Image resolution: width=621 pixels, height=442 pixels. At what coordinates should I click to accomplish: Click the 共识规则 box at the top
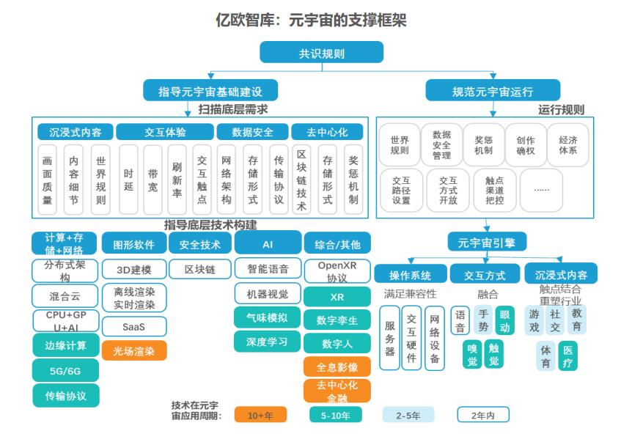point(322,52)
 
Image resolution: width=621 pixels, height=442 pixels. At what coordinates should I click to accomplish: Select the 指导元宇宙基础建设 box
point(210,91)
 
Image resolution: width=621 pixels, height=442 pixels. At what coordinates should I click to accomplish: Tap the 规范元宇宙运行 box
point(493,91)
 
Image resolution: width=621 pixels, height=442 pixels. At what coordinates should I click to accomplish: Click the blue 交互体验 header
point(165,132)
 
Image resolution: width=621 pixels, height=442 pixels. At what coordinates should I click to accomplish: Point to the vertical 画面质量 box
point(47,180)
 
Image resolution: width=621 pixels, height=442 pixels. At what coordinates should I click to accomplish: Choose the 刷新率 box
point(177,180)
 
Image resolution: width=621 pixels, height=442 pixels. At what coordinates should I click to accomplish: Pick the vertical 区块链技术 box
point(301,180)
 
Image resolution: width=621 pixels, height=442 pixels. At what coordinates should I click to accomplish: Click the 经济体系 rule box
point(567,145)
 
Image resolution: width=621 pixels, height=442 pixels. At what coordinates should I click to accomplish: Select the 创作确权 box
point(526,145)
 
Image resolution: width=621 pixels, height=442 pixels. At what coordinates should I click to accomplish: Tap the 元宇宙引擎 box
point(487,242)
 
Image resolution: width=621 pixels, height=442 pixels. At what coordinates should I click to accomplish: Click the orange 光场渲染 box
point(134,350)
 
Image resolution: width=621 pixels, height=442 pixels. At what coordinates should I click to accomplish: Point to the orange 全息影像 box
point(337,367)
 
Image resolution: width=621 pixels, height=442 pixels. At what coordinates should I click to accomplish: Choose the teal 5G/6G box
point(65,370)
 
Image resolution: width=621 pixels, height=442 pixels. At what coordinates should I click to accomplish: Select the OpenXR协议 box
point(337,271)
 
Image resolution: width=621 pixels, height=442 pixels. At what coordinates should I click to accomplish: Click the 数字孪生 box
point(337,320)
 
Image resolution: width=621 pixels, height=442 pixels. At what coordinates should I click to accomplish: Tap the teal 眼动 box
point(504,320)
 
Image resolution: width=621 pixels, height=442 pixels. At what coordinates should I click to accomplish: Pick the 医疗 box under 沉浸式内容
point(567,356)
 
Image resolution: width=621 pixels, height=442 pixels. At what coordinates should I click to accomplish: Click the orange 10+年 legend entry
point(260,415)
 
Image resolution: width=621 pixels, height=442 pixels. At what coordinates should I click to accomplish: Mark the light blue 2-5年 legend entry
point(408,415)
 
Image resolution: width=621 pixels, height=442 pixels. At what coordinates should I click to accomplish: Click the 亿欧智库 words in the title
point(245,20)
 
